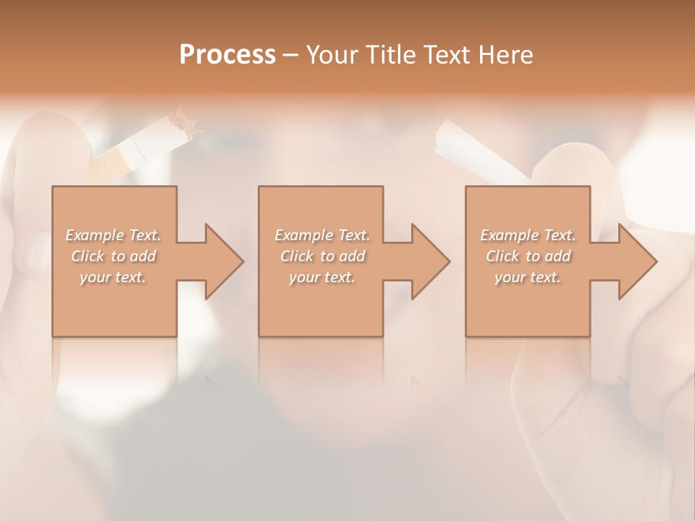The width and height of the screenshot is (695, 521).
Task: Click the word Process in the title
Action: coord(227,55)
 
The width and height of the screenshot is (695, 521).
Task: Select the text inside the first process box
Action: coord(114,256)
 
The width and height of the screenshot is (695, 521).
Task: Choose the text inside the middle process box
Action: coord(322,256)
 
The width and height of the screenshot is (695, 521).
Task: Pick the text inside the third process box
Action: coord(528,256)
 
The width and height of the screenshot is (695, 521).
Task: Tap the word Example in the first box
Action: coord(95,235)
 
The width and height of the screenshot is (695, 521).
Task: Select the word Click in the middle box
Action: coord(297,256)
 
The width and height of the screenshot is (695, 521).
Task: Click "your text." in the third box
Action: coord(528,277)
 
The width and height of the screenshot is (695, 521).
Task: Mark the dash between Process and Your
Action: coord(290,56)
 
